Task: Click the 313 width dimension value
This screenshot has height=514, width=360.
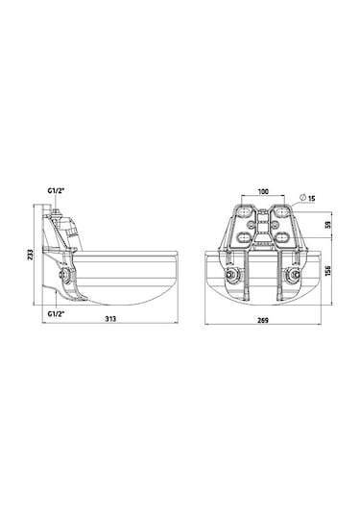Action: (x=110, y=319)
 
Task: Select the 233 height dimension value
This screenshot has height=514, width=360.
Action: (x=30, y=255)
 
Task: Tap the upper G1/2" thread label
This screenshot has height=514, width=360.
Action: (x=57, y=190)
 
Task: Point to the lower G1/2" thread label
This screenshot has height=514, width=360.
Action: (x=56, y=314)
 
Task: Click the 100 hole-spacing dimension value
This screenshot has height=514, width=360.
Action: (x=263, y=191)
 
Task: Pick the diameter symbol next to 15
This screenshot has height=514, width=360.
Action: (x=303, y=197)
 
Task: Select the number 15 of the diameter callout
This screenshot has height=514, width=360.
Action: (x=311, y=198)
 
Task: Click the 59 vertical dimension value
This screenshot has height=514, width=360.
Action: (x=329, y=225)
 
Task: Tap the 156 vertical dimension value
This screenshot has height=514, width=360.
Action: (x=329, y=270)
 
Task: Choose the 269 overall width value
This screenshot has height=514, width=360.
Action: (x=263, y=320)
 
